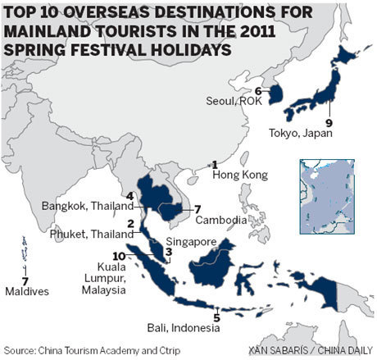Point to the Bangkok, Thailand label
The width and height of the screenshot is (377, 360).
coord(88,206)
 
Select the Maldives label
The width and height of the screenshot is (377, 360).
coord(25,292)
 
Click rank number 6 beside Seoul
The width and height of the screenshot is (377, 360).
coord(257,91)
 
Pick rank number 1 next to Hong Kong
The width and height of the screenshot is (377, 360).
coord(215,165)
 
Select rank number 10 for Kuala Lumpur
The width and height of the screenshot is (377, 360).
coord(120,256)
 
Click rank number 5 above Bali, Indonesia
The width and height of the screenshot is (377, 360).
coord(216,317)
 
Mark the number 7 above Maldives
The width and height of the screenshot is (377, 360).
coord(25,280)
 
